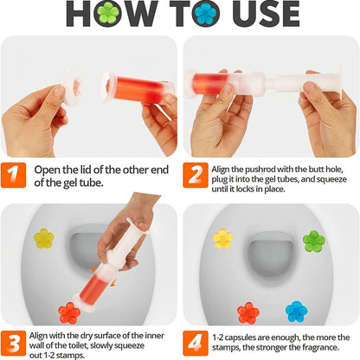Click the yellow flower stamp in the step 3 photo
click(43, 237)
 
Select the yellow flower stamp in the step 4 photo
click(223, 237)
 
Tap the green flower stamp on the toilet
click(313, 241)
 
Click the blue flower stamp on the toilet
click(297, 311)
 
